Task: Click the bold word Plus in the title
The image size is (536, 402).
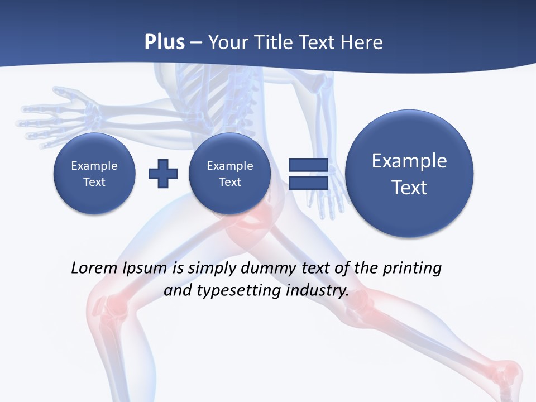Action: [164, 42]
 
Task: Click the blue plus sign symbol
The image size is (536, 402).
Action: [163, 173]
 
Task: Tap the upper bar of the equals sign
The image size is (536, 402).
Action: [308, 165]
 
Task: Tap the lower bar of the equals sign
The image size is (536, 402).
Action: [308, 183]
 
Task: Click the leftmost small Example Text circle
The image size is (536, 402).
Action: [94, 173]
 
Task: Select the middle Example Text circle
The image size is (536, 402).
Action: [229, 173]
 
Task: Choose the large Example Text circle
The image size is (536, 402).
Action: [409, 173]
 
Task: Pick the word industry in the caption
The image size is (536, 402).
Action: [317, 291]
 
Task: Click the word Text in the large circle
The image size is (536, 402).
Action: [409, 188]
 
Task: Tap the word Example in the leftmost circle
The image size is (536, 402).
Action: [94, 166]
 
